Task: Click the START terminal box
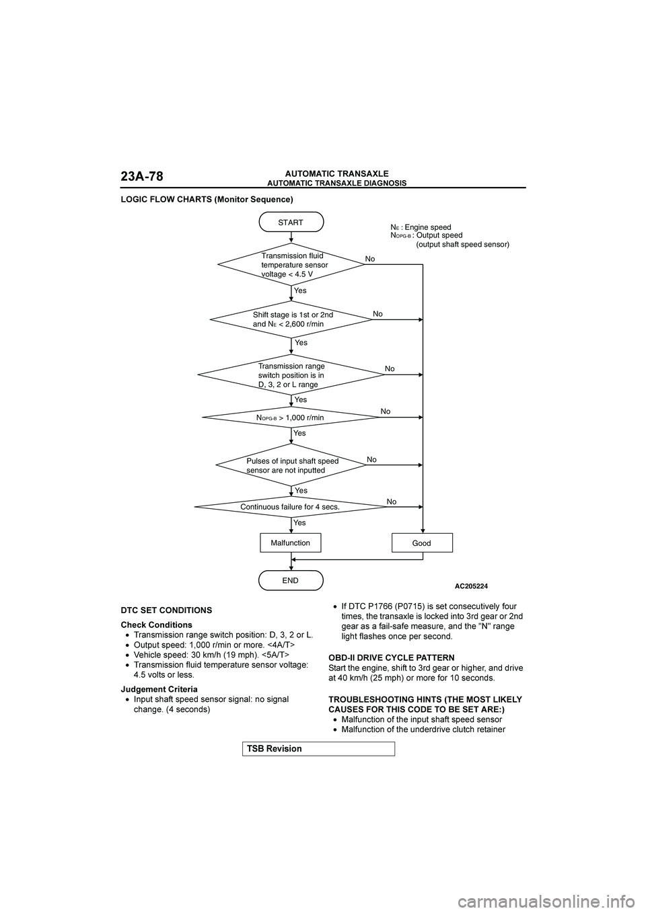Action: tap(291, 222)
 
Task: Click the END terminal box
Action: tap(291, 580)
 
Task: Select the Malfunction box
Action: tap(291, 543)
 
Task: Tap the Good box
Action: tap(422, 543)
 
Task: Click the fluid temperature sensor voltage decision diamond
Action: tap(291, 265)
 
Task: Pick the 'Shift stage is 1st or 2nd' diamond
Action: tap(291, 319)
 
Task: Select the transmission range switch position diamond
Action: tap(291, 374)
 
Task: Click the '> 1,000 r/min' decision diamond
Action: tap(291, 418)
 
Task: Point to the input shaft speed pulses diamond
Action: tap(291, 465)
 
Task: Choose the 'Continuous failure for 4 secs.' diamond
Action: tap(290, 507)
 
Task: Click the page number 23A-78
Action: tap(142, 177)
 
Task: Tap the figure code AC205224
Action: tap(471, 586)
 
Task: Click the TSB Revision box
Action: tap(318, 748)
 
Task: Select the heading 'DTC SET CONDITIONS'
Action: tap(166, 610)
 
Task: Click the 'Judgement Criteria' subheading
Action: tap(159, 689)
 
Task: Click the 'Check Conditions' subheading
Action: tap(156, 625)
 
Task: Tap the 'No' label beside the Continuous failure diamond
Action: tap(392, 502)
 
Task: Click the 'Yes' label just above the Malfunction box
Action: tap(299, 522)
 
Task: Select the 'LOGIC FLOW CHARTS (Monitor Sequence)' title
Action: tap(207, 200)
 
